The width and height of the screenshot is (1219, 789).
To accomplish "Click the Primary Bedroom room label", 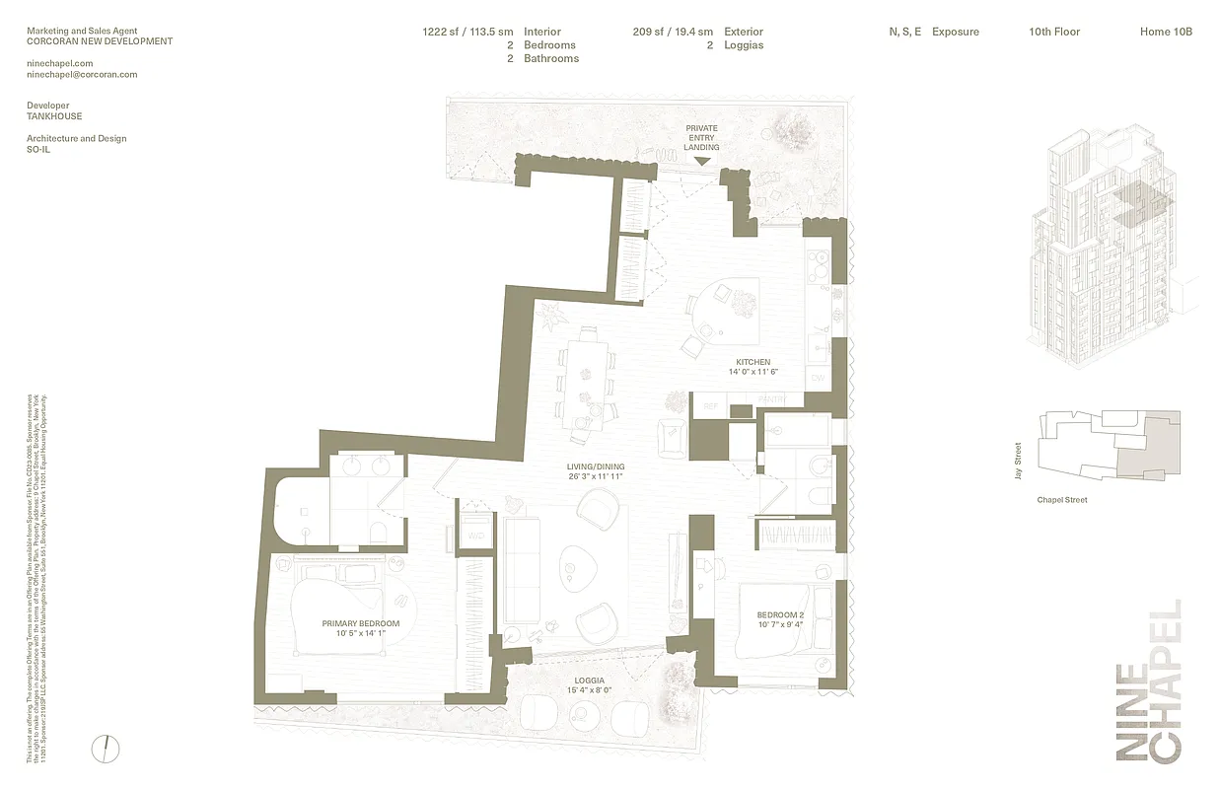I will pos(361,623).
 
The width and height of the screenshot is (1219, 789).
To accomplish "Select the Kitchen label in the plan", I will pos(753,362).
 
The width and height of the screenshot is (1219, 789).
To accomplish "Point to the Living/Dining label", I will pos(595,466).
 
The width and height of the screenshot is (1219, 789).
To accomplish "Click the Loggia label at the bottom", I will pos(590,681).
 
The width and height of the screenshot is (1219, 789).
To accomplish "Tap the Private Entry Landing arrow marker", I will pos(702,161).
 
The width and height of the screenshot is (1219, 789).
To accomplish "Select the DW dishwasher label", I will pos(817,378).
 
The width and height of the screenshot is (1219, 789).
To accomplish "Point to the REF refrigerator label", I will pos(708,405).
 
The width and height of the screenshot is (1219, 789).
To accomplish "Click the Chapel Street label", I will pos(1062,500).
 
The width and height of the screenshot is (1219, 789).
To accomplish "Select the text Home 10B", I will pos(1166,32).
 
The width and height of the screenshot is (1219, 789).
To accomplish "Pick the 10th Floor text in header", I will pos(1054,32).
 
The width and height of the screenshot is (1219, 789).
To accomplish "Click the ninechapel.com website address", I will pos(60,63).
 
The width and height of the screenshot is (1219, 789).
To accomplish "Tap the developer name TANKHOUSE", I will pos(54,116).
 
